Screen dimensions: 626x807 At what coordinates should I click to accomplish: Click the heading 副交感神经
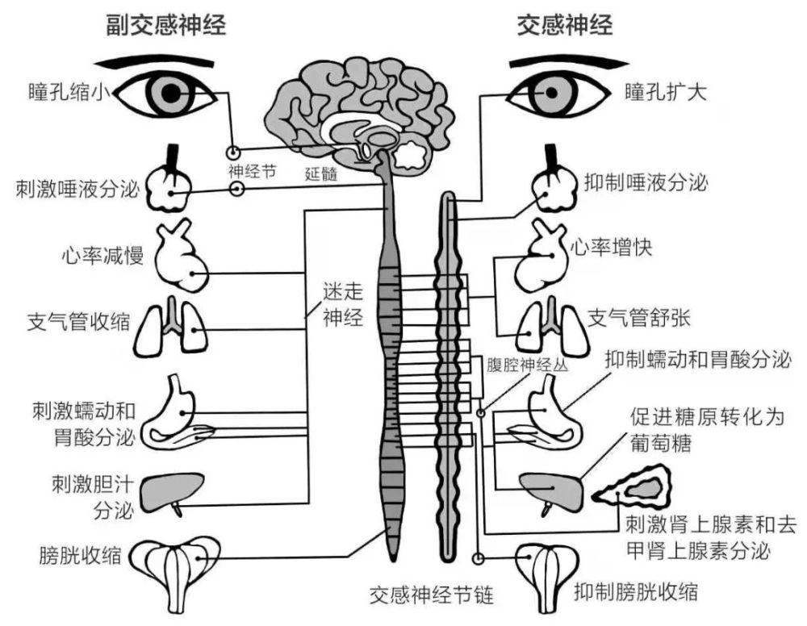point(166,25)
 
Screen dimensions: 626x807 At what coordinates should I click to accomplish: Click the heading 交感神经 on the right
point(565,25)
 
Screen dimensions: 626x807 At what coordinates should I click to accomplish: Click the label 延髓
point(320,172)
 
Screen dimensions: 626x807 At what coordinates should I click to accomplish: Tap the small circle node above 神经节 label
point(233,152)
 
